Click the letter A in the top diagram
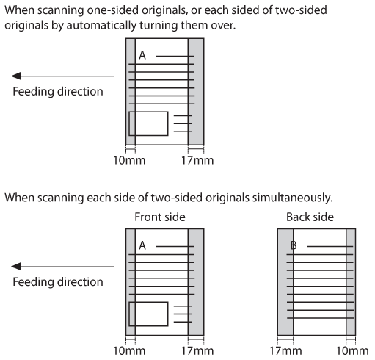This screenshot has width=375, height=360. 142,55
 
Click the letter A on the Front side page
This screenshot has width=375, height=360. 142,245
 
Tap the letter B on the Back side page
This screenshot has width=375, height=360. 294,245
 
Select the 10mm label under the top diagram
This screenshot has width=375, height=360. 129,160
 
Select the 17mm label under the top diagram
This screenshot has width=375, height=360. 197,160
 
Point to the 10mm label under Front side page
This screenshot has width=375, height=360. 129,351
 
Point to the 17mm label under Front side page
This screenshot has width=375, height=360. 197,351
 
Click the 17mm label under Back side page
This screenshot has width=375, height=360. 285,351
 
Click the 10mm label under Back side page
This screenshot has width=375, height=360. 352,351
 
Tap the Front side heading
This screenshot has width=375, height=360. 160,217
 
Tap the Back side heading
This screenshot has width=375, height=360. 310,217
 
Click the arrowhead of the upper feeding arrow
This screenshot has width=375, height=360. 16,76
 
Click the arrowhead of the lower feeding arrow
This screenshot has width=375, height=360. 16,267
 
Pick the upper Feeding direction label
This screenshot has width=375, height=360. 58,91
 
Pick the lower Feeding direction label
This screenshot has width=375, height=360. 58,282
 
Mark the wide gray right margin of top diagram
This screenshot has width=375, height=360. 196,92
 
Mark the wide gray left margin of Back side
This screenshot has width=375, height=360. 285,282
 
